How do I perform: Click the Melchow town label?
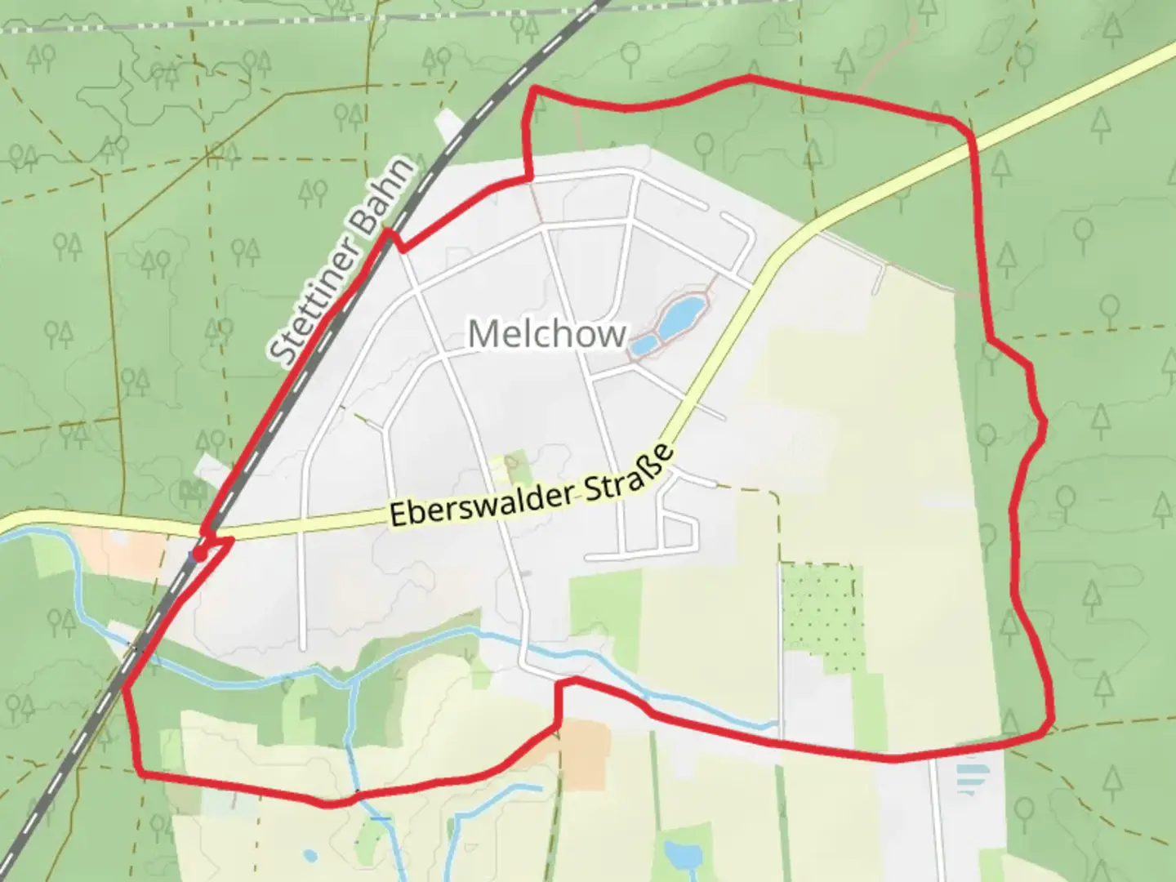(x=547, y=333)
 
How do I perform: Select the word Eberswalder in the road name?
(x=482, y=501)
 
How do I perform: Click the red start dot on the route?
(x=198, y=555)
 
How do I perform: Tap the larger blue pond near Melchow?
(x=681, y=317)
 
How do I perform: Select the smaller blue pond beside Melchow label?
(x=643, y=345)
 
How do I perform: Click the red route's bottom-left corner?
(x=140, y=772)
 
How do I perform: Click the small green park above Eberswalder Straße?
(x=515, y=468)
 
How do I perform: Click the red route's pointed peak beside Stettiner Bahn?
(x=389, y=233)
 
